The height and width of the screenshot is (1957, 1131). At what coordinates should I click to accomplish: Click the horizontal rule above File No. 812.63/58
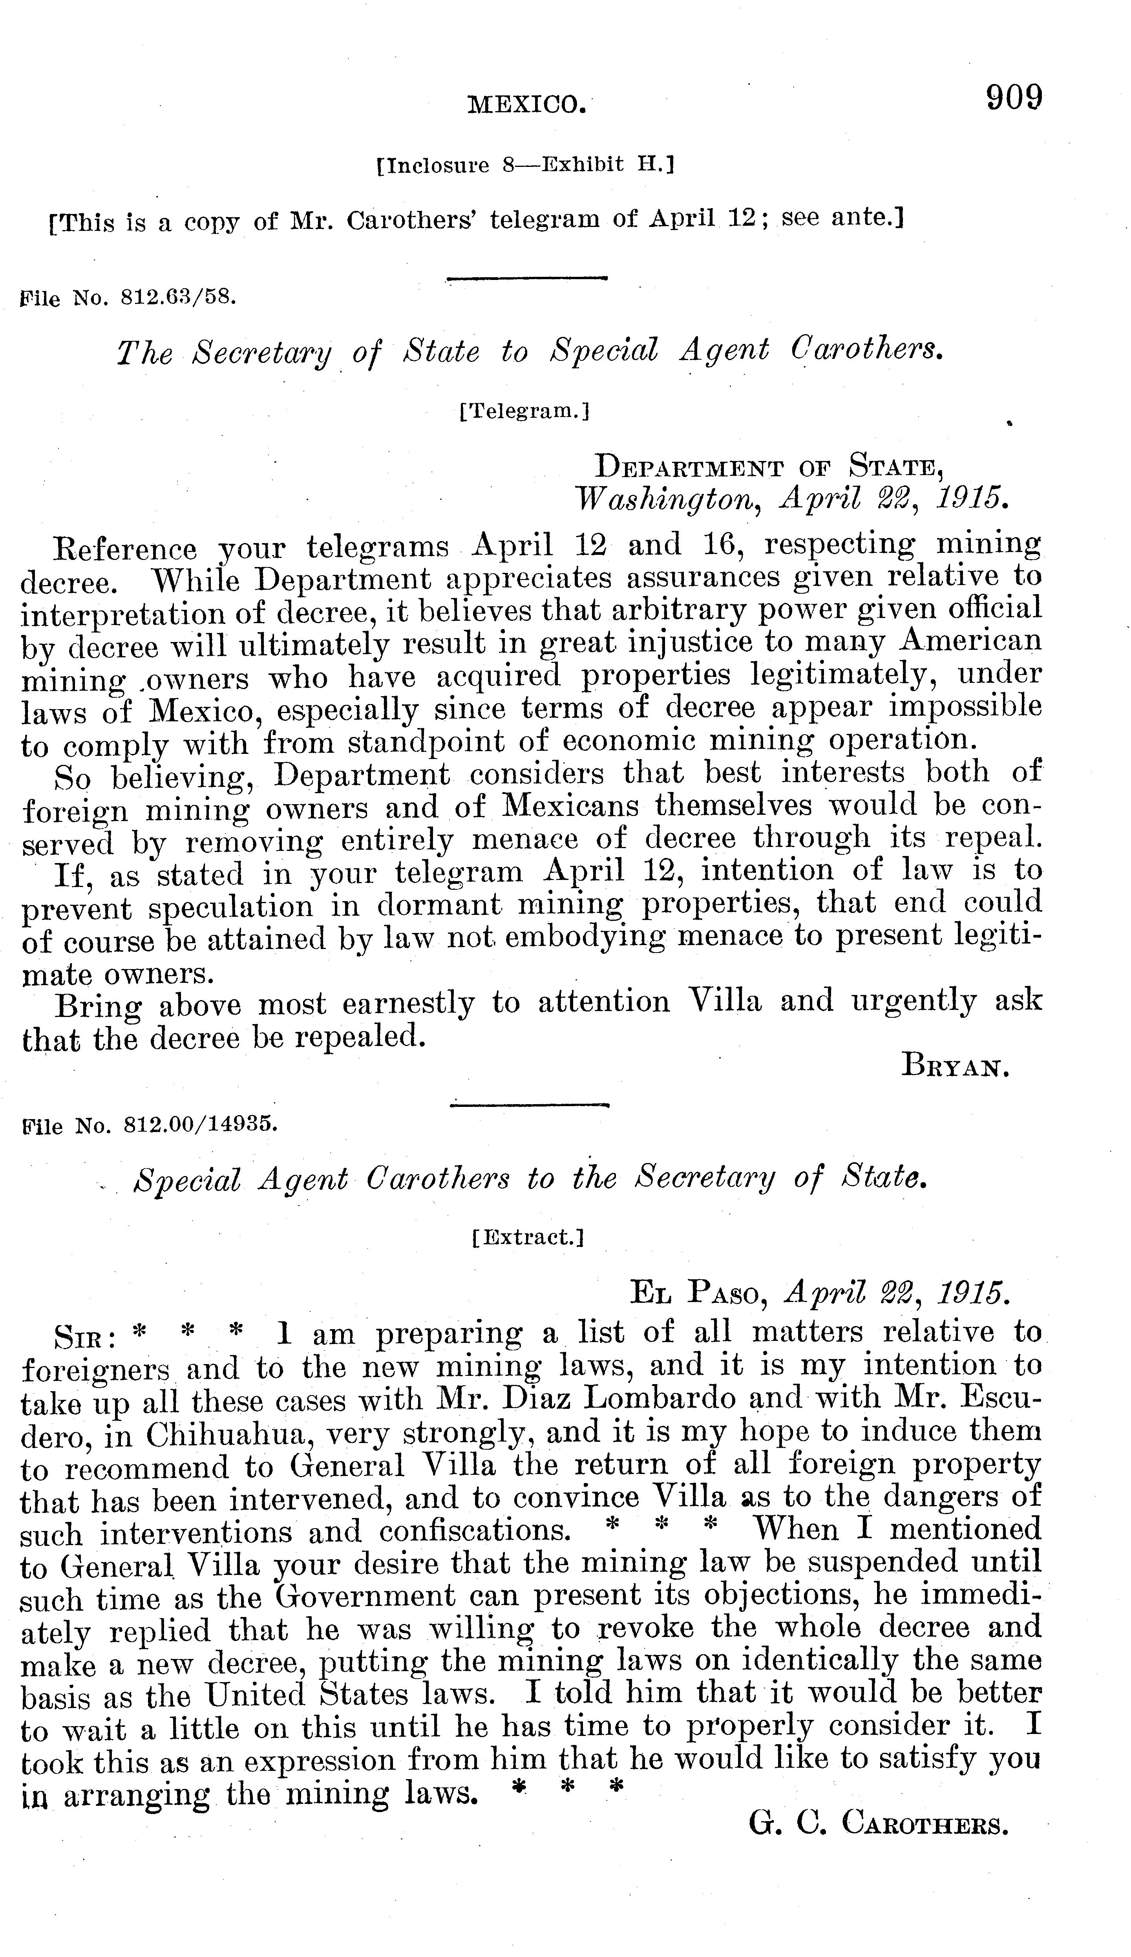tap(526, 277)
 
